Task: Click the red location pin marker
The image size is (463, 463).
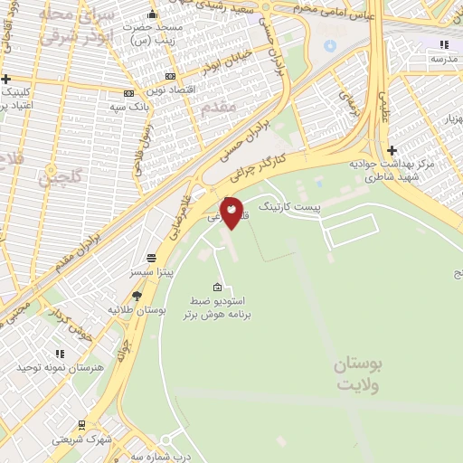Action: pyautogui.click(x=231, y=212)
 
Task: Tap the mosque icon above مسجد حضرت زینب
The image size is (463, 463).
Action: pyautogui.click(x=151, y=14)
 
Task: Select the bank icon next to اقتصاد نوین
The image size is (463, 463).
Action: pyautogui.click(x=128, y=93)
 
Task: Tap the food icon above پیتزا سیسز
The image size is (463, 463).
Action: pyautogui.click(x=149, y=258)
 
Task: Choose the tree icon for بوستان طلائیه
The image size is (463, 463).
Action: pyautogui.click(x=137, y=296)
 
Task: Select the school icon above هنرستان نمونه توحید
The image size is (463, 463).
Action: pyautogui.click(x=60, y=354)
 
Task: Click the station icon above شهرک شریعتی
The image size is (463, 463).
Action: pyautogui.click(x=82, y=424)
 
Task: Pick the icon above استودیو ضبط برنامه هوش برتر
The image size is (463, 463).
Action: pyautogui.click(x=214, y=287)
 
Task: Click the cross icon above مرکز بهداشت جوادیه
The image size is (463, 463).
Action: pyautogui.click(x=392, y=151)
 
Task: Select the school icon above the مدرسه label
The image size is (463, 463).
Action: pyautogui.click(x=443, y=44)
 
